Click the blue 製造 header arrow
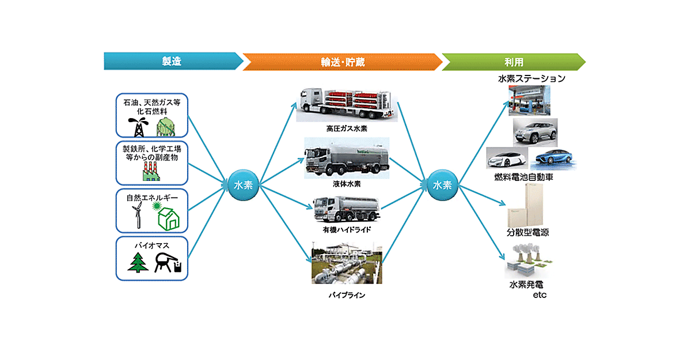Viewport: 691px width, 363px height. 173,61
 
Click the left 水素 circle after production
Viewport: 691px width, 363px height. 244,185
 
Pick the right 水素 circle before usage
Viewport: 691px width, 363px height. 442,185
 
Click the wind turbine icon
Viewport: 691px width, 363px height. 137,216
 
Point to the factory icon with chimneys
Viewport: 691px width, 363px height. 151,170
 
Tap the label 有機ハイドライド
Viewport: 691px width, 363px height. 346,229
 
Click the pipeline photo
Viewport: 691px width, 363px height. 346,266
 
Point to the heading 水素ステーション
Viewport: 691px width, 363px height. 531,79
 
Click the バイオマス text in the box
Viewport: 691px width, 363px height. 152,244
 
